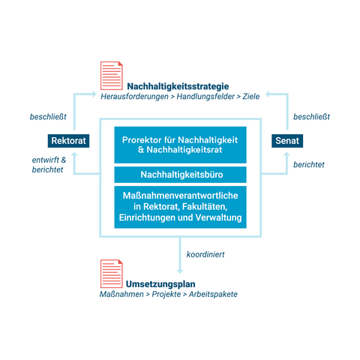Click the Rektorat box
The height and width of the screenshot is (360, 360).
tap(68, 141)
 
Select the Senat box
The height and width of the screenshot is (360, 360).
tap(287, 141)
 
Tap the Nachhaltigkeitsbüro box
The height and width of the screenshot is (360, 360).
tap(180, 175)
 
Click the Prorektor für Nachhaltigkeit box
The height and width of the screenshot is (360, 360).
tap(180, 145)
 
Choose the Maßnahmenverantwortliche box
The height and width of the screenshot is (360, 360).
tap(180, 207)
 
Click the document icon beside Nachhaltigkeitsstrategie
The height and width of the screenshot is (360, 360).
tap(112, 76)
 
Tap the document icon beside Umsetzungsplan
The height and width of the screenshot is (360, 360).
tap(112, 274)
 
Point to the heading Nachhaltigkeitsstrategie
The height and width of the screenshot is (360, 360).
tap(178, 86)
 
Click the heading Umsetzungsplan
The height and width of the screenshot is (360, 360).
tap(160, 284)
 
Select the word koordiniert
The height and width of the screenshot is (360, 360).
tap(205, 254)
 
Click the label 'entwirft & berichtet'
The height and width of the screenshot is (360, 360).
tap(49, 165)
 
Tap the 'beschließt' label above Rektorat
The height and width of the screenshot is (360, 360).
tap(48, 117)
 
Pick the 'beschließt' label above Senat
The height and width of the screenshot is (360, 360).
tap(311, 117)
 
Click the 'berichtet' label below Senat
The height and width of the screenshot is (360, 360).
tap(309, 164)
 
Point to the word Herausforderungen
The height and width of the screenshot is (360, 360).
tap(134, 97)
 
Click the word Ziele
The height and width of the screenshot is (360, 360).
tap(251, 97)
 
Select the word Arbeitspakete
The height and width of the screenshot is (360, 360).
tap(213, 294)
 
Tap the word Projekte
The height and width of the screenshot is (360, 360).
tap(166, 294)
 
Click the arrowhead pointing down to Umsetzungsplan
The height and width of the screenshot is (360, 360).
tap(180, 271)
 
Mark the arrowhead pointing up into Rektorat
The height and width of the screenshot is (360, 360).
tap(74, 154)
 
